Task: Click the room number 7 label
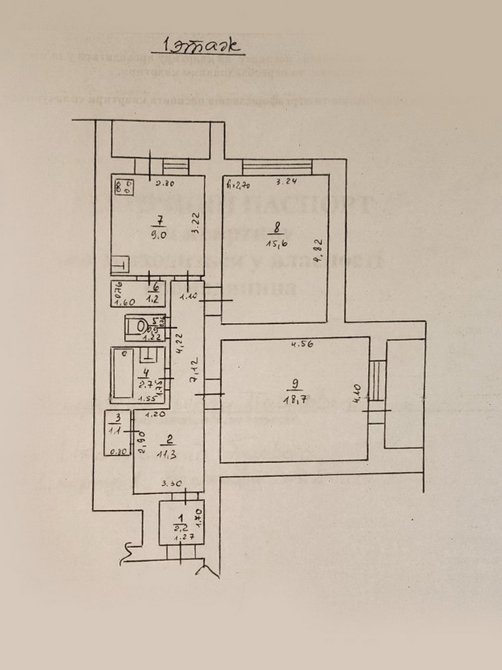(158, 220)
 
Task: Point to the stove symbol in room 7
(122, 187)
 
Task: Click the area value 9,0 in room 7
(158, 234)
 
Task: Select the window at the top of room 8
(277, 165)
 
